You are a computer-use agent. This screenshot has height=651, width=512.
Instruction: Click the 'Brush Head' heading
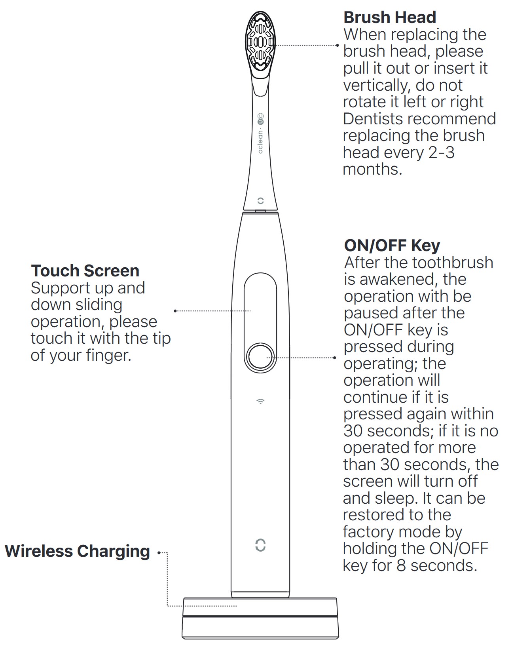390,17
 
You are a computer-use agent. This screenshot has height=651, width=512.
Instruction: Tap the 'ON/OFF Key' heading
392,246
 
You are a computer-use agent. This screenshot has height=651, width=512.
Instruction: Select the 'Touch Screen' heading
85,270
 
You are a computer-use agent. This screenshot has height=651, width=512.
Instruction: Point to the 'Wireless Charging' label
78,551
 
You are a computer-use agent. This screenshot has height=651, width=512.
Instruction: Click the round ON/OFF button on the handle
260,357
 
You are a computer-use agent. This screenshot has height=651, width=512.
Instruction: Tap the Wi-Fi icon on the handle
260,401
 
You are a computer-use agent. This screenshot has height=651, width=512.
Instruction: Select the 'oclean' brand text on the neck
260,142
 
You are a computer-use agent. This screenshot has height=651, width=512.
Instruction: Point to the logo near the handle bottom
260,545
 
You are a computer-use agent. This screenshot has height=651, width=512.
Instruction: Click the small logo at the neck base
260,200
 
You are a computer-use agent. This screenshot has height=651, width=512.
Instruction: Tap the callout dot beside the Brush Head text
337,46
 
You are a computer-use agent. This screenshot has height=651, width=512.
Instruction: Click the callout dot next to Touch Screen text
175,311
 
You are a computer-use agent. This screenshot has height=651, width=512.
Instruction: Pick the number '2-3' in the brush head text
442,152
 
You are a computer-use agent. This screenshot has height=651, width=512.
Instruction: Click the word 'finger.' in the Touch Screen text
108,356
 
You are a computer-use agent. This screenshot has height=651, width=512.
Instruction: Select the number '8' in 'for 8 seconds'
401,566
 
